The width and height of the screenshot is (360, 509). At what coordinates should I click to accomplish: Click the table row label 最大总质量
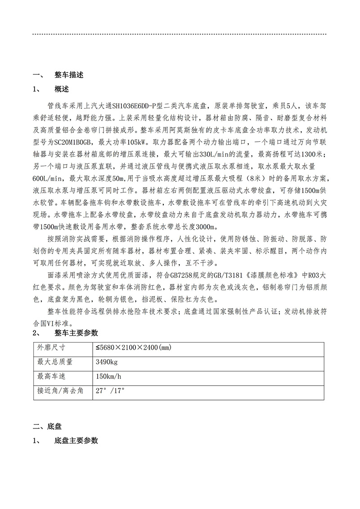coord(55,362)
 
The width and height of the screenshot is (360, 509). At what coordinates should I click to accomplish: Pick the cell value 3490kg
coord(106,362)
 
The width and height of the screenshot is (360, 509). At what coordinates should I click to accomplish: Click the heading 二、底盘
coord(47,427)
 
